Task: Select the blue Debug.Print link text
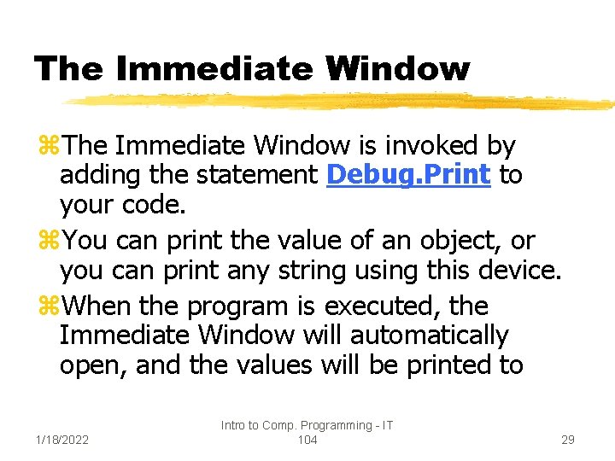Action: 408,175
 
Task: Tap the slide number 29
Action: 567,440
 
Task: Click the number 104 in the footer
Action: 307,440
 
